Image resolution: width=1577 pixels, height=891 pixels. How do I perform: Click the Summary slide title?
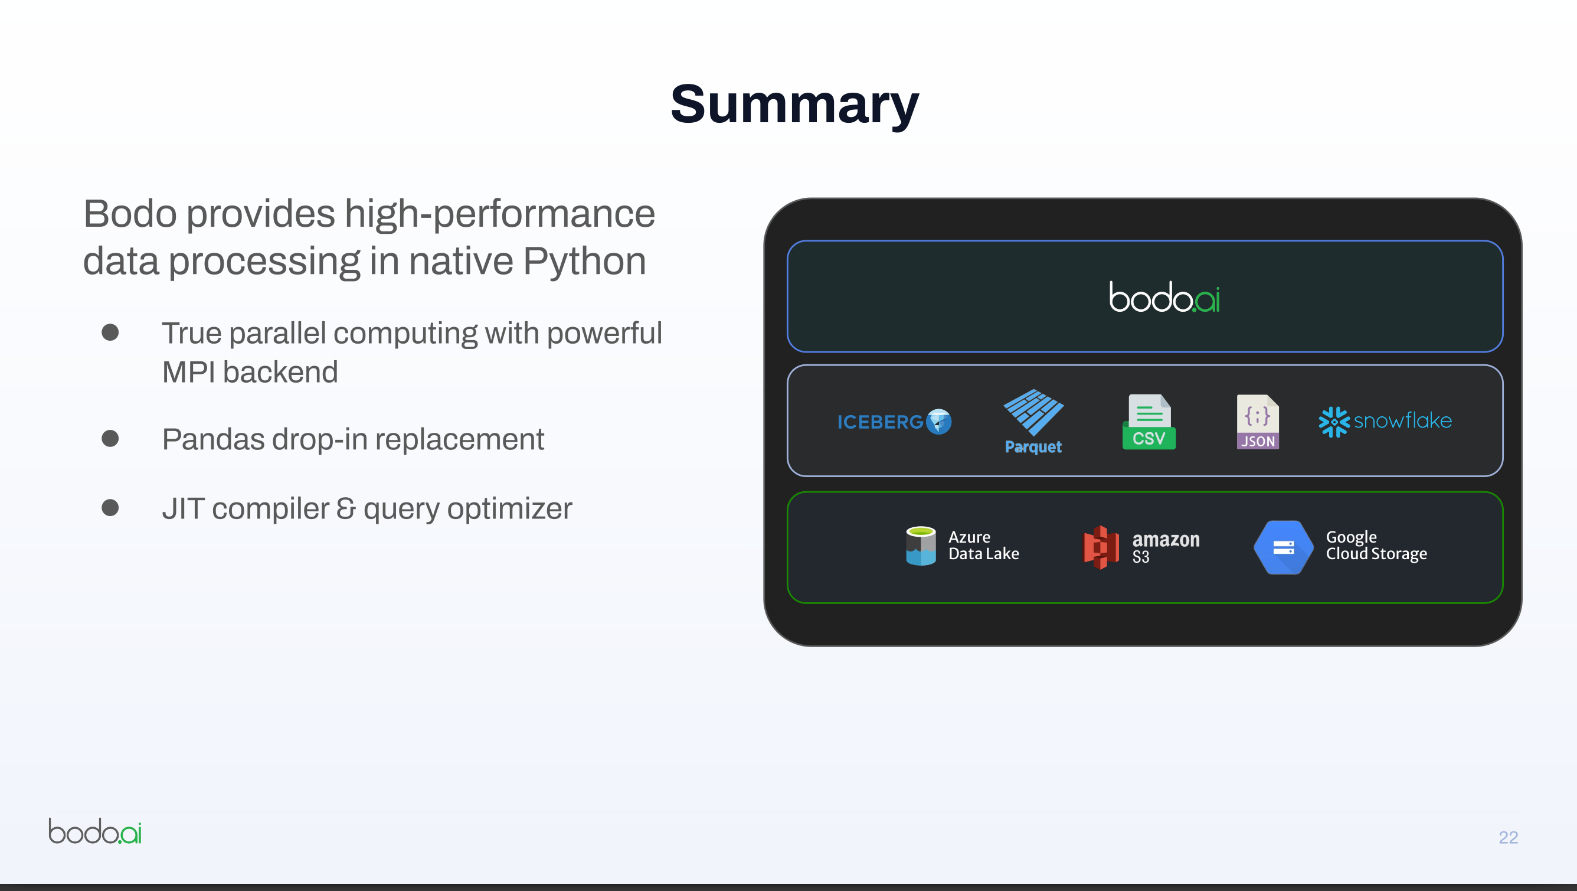point(794,104)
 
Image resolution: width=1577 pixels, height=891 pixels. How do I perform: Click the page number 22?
point(1508,837)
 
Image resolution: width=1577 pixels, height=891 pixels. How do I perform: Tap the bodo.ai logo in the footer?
point(95,831)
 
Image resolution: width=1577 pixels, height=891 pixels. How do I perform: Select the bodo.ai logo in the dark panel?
point(1164,297)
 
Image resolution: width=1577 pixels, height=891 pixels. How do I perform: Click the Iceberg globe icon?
point(938,422)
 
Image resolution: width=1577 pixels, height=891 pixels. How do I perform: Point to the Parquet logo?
point(1033,422)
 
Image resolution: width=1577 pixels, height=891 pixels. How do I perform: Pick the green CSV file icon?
point(1149,422)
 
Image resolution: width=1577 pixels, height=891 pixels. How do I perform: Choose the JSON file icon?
point(1258,422)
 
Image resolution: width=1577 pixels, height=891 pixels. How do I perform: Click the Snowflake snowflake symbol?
point(1333,422)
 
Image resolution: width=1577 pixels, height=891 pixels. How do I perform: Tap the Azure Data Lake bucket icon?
point(921,546)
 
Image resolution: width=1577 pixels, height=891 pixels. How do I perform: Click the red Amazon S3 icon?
point(1101,547)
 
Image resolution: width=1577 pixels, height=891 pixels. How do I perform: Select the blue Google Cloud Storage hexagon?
point(1283,547)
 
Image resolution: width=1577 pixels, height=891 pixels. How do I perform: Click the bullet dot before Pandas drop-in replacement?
point(110,439)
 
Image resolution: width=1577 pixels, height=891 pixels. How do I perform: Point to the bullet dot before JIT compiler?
point(110,508)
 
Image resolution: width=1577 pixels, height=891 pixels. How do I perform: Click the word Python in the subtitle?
point(584,261)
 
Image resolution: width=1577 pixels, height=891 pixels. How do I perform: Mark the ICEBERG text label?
point(880,422)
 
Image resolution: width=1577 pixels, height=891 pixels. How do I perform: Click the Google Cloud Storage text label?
point(1376,545)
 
